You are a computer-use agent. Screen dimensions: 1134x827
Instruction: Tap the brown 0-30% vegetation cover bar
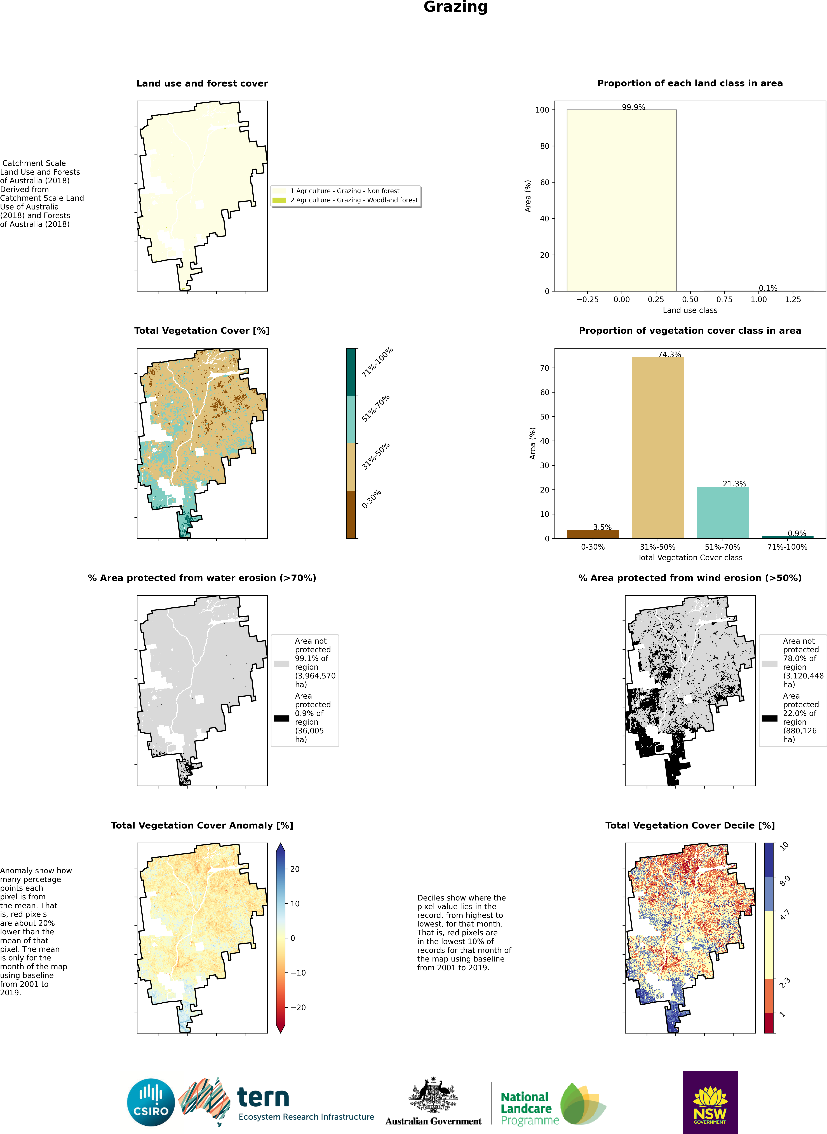(593, 534)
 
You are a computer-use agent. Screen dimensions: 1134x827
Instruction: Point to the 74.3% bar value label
(669, 354)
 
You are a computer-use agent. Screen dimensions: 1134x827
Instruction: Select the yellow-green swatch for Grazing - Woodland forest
(279, 200)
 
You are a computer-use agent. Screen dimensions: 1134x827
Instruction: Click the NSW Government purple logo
(710, 1102)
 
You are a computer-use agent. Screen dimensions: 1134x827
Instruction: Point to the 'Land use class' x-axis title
(690, 310)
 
